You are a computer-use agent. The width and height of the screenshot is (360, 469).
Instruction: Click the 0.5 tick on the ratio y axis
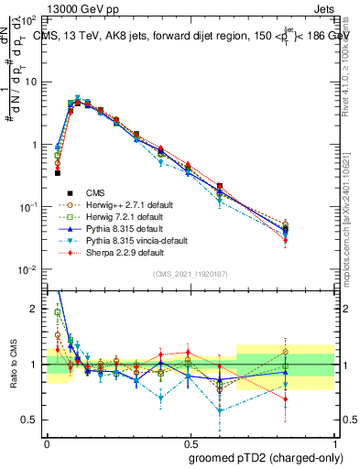pyautogui.click(x=33, y=420)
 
